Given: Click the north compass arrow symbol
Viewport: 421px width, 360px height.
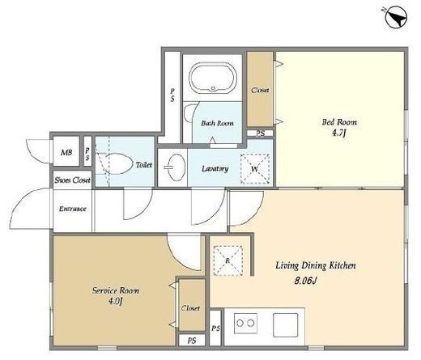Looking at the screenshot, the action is click(x=396, y=18).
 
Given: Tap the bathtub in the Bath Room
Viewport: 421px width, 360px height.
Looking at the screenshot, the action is click(x=213, y=78).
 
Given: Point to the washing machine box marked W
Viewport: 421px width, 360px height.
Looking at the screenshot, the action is click(x=255, y=169).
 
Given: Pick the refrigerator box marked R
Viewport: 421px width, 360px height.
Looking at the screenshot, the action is click(x=228, y=260).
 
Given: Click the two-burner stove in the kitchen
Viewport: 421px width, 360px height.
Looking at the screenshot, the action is click(x=245, y=323).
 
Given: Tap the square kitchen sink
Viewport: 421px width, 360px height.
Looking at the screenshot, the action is click(x=285, y=324).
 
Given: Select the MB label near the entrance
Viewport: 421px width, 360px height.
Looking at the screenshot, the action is click(x=66, y=152).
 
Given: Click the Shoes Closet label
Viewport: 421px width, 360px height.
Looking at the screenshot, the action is click(x=72, y=180).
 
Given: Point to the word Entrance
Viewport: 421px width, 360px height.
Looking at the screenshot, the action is click(x=73, y=209).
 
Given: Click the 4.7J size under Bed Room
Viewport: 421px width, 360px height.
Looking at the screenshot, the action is click(x=338, y=133).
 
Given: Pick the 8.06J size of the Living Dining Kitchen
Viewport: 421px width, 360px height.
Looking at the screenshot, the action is click(x=305, y=281).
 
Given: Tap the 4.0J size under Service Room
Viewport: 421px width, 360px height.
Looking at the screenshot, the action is click(x=116, y=301).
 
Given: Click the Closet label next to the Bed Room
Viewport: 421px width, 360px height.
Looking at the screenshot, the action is click(x=260, y=90).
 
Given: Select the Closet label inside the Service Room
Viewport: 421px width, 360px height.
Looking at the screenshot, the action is click(x=190, y=308).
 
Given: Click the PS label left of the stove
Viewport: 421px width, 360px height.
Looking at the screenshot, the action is click(x=215, y=328).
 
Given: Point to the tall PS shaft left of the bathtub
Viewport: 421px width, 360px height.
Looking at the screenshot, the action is click(x=172, y=95).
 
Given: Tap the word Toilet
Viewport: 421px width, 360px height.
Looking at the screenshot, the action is click(x=144, y=165).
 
